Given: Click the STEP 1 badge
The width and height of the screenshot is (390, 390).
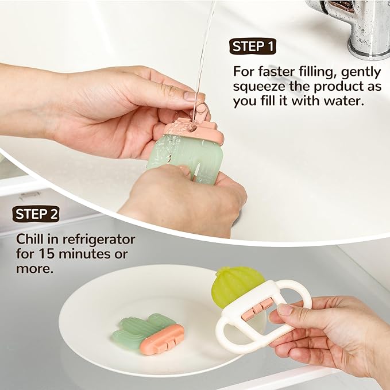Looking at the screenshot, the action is click(253, 47).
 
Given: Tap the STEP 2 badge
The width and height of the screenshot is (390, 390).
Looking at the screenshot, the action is click(36, 214).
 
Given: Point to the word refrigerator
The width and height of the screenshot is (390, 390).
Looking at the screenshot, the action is click(99, 240).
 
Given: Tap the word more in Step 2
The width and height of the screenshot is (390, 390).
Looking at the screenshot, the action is click(34, 269).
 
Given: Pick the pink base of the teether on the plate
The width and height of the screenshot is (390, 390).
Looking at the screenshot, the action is click(162, 339).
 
